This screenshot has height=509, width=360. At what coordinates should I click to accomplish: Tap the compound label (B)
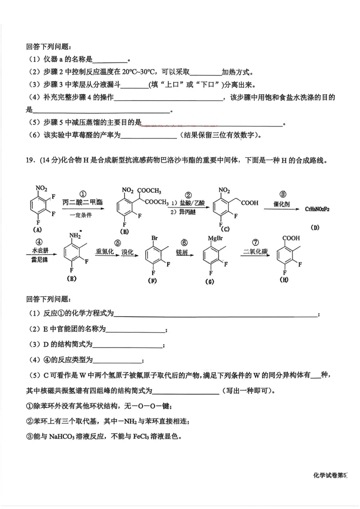point(124,231)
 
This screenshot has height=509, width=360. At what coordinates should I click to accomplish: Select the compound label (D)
point(315,227)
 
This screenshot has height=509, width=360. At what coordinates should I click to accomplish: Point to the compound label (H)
point(284,280)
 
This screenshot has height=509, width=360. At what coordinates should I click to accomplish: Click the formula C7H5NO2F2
point(317,209)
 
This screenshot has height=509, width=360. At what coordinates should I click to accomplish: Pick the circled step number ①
point(83,194)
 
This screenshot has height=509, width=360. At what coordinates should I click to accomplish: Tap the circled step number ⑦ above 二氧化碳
point(255,243)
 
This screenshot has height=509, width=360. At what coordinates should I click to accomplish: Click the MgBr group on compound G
point(215,238)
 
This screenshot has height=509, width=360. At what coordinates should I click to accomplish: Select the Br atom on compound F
point(154,238)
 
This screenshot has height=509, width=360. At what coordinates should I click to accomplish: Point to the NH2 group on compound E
point(75,235)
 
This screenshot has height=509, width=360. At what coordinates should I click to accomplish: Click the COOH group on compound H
point(291,238)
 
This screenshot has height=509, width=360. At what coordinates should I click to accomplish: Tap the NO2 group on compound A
point(41,188)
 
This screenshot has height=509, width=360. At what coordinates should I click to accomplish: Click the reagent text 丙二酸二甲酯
point(83,202)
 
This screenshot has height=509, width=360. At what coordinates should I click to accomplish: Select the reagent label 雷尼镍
point(40,259)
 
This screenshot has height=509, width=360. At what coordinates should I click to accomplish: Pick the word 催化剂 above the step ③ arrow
point(282,204)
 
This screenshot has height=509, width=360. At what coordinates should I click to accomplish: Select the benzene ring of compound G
point(211,256)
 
